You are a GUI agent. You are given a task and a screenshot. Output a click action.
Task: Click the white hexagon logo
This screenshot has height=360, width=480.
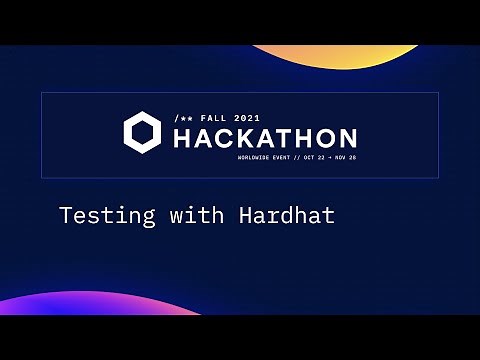click(x=142, y=133)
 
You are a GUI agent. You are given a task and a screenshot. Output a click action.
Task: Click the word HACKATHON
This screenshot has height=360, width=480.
click(x=264, y=138)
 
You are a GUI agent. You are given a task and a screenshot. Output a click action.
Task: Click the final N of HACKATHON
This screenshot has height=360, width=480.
click(x=345, y=138)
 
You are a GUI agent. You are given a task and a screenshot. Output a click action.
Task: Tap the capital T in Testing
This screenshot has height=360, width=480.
click(x=65, y=215)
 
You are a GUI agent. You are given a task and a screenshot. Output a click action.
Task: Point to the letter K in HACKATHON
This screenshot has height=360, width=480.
click(x=246, y=138)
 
